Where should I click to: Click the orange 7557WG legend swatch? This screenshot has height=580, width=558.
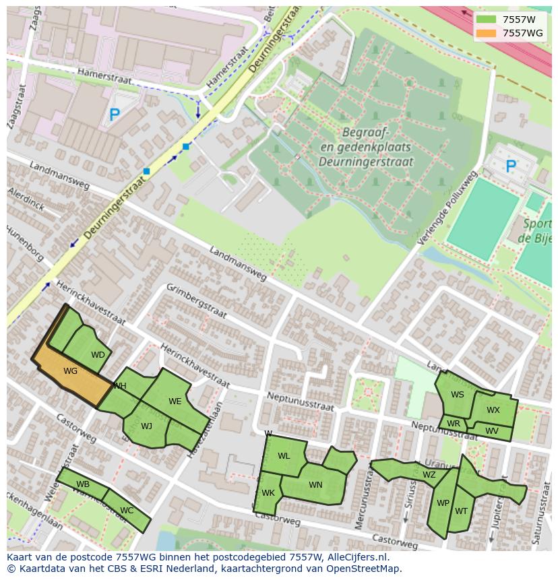485,33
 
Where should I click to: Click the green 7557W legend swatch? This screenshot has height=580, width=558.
485,19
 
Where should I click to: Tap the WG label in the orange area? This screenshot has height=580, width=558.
70,371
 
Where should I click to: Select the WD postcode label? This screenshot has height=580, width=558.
98,355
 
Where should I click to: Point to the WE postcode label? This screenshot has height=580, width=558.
175,401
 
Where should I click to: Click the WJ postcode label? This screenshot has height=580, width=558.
146,426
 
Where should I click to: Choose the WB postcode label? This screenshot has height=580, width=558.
83,484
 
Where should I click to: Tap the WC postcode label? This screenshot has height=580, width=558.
127,511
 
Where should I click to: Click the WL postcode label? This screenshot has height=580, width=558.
284,456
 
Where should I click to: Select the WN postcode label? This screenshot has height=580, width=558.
315,485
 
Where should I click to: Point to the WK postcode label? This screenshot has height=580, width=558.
268,493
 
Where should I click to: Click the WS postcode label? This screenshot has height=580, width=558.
458,395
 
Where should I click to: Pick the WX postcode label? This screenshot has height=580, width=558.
493,410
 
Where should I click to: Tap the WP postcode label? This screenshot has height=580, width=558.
443,503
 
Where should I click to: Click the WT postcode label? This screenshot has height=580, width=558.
461,511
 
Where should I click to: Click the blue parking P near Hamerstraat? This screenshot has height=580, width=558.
115,116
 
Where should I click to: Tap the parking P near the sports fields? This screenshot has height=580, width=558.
511,166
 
